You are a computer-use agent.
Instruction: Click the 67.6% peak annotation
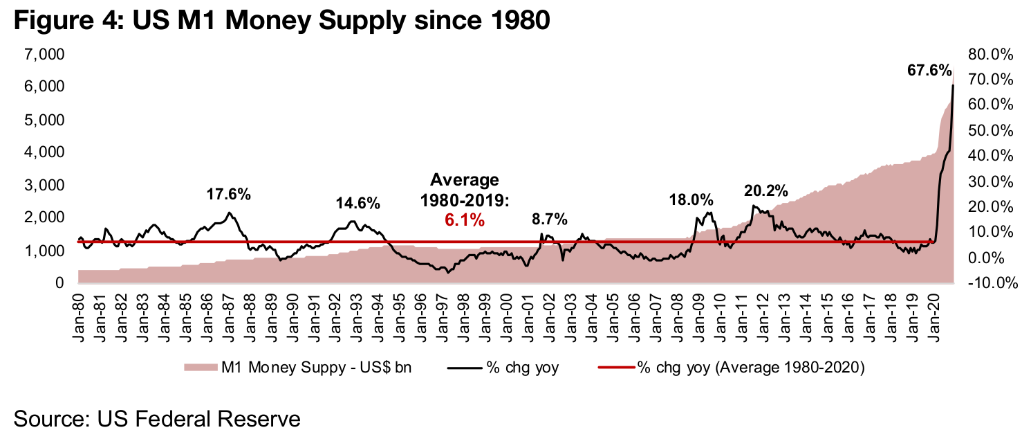(x=929, y=71)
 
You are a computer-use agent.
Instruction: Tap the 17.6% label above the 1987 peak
(x=228, y=195)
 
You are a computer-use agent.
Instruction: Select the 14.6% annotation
(x=358, y=204)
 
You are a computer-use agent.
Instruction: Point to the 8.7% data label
(x=549, y=219)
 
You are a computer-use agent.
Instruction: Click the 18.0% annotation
(x=691, y=200)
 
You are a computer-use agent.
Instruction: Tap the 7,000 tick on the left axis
(x=44, y=54)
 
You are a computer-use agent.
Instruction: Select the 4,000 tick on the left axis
(x=44, y=152)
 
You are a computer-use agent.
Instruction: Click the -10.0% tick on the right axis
(x=990, y=283)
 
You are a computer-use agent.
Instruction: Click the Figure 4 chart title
(x=281, y=21)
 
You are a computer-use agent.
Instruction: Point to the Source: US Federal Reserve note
(x=157, y=418)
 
